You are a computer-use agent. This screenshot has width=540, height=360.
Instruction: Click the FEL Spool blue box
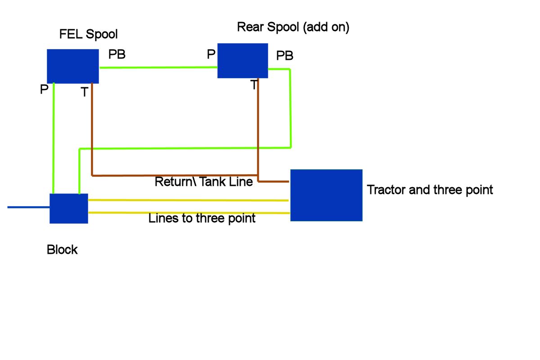73,66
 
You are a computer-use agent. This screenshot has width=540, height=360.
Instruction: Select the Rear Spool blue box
243,61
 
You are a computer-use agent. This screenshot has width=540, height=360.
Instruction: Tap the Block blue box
69,208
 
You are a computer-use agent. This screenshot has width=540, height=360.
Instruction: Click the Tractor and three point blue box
326,195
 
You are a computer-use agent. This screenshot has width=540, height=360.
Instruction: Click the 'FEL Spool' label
89,34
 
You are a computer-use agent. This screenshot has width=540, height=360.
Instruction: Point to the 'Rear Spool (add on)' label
293,27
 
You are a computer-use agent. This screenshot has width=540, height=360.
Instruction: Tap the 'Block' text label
62,250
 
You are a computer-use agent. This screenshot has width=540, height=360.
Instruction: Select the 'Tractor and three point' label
430,190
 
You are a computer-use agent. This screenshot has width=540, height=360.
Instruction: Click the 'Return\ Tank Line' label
204,181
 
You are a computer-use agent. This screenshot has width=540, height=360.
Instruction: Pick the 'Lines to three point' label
202,218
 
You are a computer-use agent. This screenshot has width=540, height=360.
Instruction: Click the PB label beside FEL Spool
117,54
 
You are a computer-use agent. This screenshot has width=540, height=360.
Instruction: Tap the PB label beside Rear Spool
285,56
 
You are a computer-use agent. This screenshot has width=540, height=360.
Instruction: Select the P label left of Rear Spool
211,54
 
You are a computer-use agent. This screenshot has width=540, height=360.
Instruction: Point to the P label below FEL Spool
44,89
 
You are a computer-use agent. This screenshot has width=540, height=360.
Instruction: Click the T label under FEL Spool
85,92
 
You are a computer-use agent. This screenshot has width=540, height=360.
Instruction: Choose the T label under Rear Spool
254,85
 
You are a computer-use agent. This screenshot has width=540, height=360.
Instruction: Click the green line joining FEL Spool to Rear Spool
158,67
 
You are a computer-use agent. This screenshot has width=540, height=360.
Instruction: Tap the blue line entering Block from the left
28,207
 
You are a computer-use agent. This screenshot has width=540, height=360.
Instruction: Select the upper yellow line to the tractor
188,200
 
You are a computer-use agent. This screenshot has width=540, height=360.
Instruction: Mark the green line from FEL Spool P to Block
53,139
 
